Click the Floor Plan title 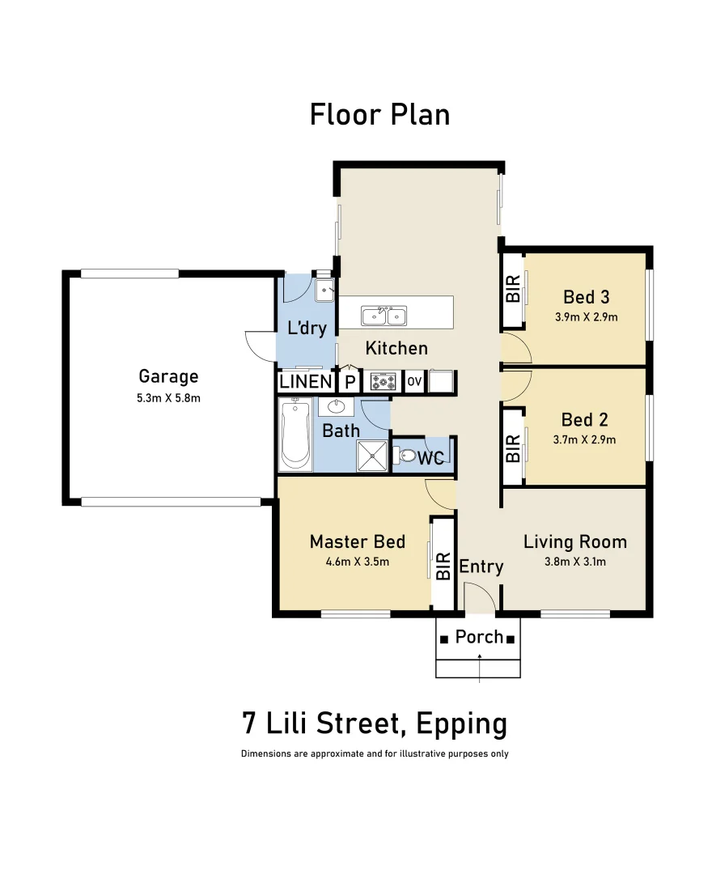379,115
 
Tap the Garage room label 168,376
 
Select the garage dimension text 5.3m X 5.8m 168,397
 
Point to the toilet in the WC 406,457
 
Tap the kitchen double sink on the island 384,315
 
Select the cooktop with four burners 383,381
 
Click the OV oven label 413,381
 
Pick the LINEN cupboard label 305,381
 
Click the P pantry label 350,382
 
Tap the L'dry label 307,328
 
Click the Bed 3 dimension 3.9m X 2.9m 586,316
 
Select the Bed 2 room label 585,419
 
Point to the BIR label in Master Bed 443,566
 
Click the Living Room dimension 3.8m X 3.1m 574,562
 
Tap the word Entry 481,566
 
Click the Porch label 479,637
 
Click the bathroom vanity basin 336,406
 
